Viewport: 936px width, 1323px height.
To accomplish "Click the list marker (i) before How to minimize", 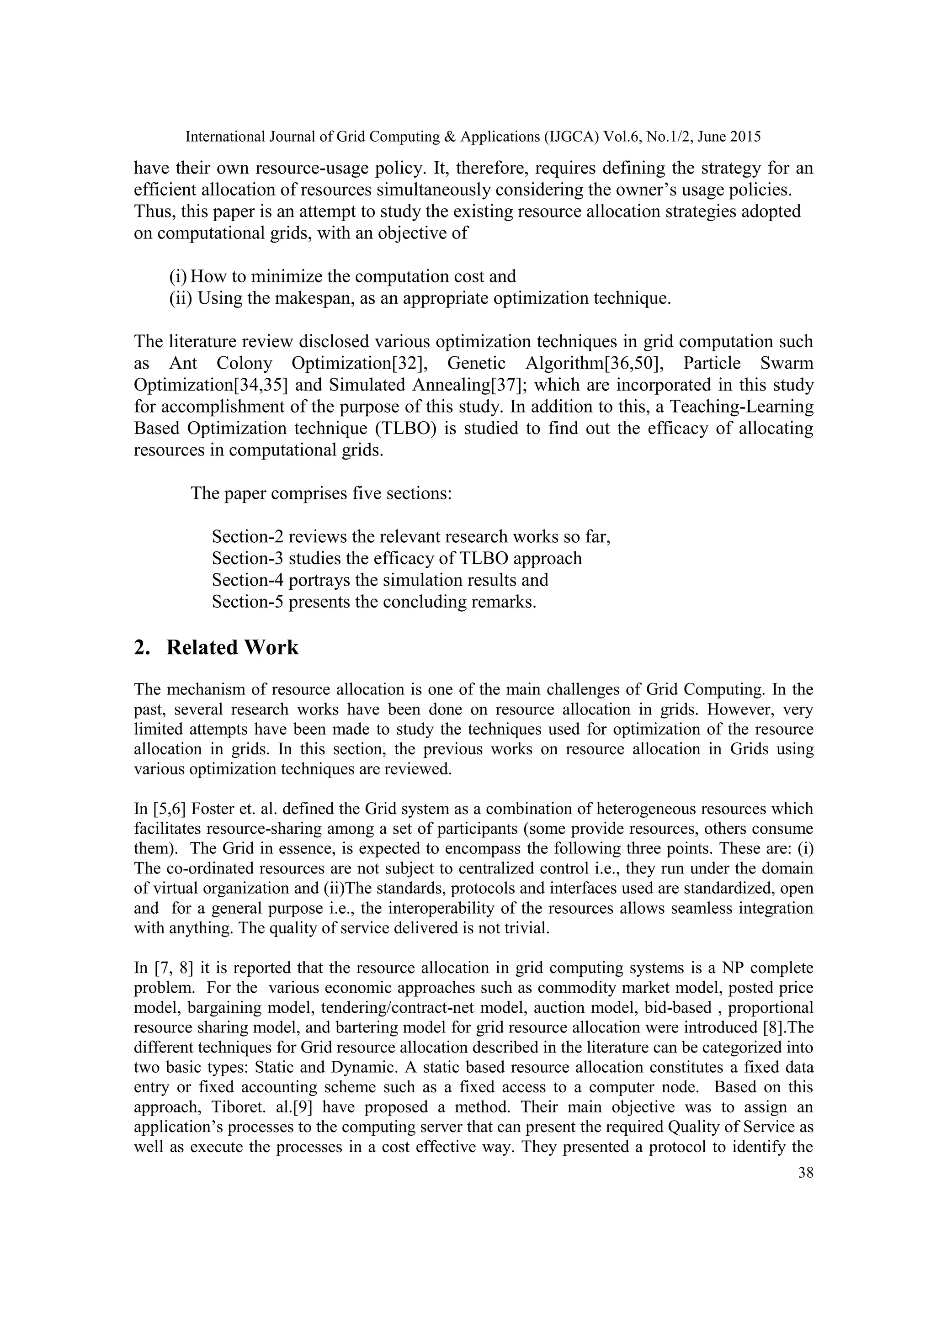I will [x=178, y=276].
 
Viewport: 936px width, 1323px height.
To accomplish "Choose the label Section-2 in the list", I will [x=247, y=537].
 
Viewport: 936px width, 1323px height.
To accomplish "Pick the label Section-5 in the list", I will [x=247, y=602].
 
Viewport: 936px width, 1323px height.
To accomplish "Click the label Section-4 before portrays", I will [x=247, y=580].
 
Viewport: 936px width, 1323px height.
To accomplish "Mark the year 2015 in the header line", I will [x=744, y=137].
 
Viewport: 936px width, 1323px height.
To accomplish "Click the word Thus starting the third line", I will [x=153, y=212].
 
